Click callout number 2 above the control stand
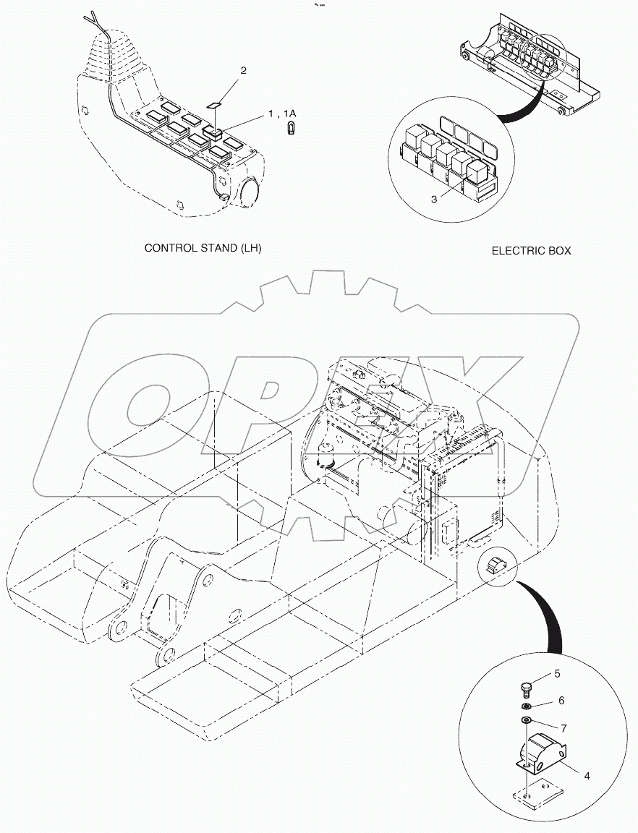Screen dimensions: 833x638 [x=243, y=71]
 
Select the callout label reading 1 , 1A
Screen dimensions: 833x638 [x=283, y=114]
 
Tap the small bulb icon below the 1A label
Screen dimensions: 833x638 [x=291, y=132]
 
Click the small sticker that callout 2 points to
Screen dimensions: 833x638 [x=213, y=106]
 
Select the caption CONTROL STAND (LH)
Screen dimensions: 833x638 [x=203, y=248]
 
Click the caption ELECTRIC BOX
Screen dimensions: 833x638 [x=531, y=251]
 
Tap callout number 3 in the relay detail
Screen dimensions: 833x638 [x=434, y=199]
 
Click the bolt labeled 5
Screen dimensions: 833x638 [x=527, y=685]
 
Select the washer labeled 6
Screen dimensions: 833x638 [x=527, y=706]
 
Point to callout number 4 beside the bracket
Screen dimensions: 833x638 [x=587, y=776]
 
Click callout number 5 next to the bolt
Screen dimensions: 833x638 [x=557, y=674]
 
